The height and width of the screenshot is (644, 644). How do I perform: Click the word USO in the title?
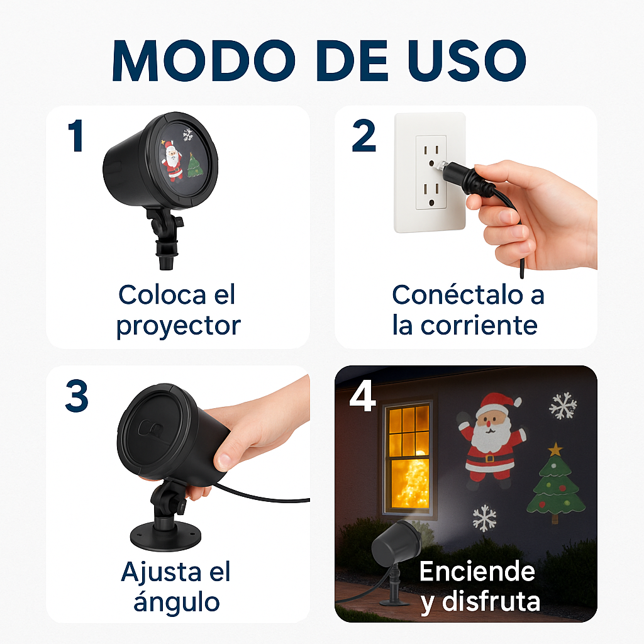(x=467, y=61)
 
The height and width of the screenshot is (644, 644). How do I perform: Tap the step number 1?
(x=76, y=136)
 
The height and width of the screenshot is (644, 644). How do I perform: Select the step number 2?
(x=364, y=136)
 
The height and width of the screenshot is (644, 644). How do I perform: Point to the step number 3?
(x=77, y=396)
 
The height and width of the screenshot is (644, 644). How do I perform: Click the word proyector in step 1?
(x=178, y=327)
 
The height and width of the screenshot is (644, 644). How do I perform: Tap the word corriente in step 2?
(x=479, y=325)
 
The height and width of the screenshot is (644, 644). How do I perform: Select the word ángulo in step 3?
(x=177, y=602)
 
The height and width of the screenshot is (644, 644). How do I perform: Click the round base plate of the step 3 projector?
(x=165, y=536)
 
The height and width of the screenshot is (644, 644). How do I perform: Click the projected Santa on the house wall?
(x=491, y=440)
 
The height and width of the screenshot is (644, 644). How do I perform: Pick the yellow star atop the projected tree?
(x=555, y=449)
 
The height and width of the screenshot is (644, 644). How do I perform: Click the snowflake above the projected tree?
(x=563, y=406)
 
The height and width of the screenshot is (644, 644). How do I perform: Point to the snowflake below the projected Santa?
(x=485, y=518)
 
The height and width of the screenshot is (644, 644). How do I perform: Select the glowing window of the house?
(x=408, y=456)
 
